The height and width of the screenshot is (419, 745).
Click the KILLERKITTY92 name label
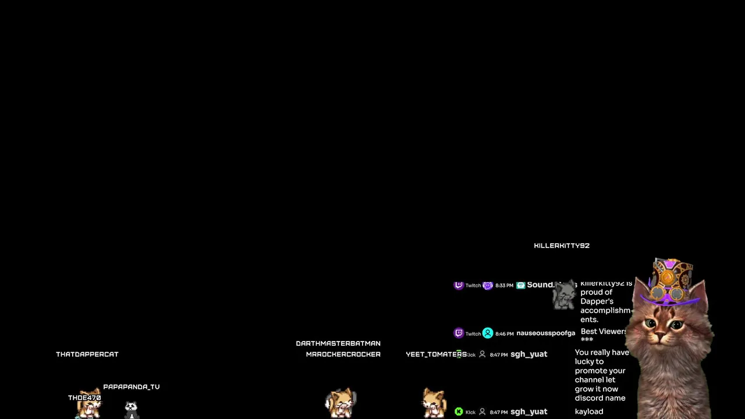tap(562, 246)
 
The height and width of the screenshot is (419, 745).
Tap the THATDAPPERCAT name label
tap(87, 354)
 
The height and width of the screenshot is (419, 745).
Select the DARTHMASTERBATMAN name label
tap(338, 343)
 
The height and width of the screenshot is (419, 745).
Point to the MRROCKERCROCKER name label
tap(343, 354)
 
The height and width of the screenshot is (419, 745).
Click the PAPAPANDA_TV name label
tap(132, 387)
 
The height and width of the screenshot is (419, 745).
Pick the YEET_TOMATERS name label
tap(436, 354)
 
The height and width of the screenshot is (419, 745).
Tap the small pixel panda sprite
tap(132, 407)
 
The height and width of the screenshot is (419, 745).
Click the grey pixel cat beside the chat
tap(563, 296)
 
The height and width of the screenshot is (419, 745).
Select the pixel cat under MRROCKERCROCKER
tap(341, 403)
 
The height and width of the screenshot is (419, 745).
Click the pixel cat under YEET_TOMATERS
tap(434, 403)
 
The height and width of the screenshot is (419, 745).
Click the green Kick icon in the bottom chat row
tap(459, 412)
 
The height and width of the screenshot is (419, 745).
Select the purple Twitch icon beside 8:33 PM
tap(459, 285)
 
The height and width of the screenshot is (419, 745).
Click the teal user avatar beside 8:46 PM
tap(488, 333)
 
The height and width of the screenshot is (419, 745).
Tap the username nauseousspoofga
tap(545, 333)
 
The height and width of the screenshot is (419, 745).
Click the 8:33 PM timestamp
tap(504, 286)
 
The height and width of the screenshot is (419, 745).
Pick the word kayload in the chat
tap(589, 411)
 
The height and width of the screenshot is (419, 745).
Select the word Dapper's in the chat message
tap(597, 301)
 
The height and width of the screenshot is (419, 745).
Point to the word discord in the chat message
tap(588, 398)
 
